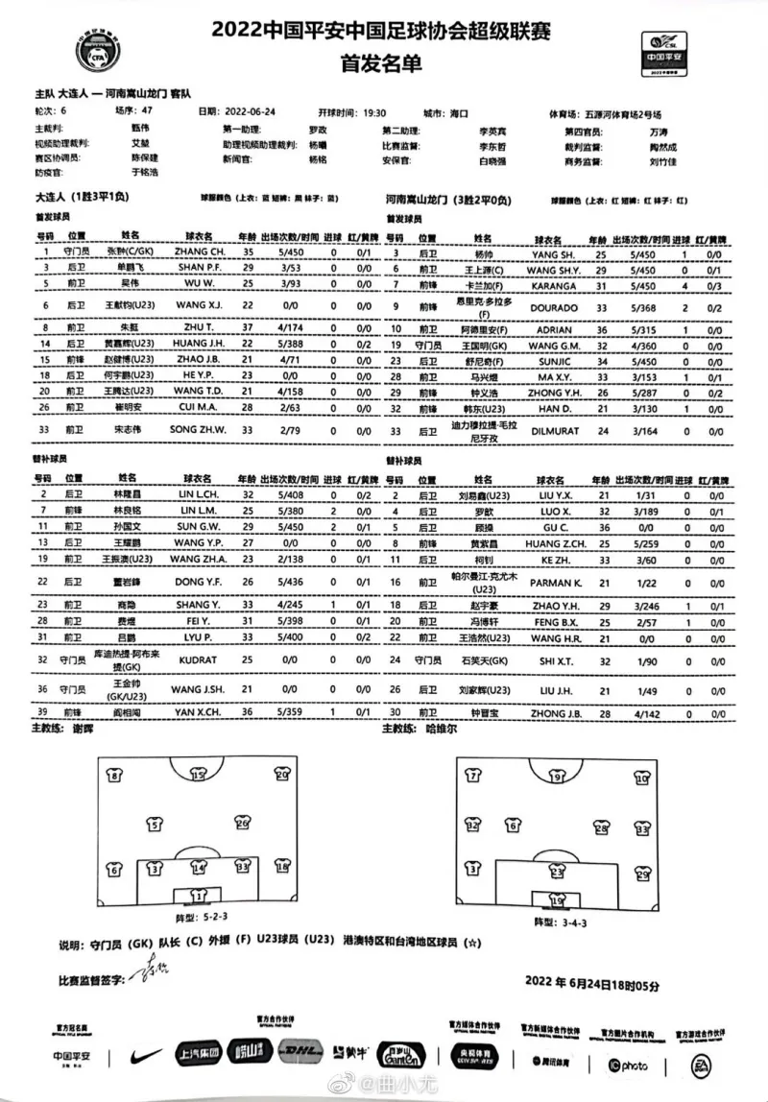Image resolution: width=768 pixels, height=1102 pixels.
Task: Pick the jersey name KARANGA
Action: tap(554, 285)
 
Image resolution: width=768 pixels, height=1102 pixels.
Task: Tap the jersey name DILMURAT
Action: tap(555, 431)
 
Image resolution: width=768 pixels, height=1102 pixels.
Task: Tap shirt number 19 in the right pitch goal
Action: tap(558, 899)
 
